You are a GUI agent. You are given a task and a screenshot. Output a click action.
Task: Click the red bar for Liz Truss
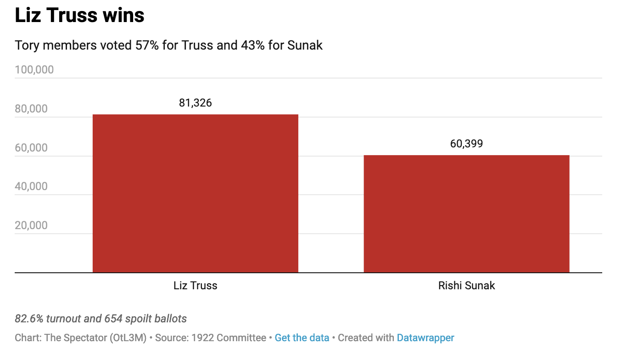click(195, 193)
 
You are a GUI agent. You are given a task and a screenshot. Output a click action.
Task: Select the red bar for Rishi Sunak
click(466, 214)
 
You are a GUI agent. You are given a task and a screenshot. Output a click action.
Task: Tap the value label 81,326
click(196, 103)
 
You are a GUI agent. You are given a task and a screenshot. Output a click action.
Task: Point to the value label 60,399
click(466, 144)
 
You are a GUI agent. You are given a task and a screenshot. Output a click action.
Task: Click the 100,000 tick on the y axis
click(34, 70)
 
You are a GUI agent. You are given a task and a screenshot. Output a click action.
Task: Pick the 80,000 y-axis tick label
click(31, 109)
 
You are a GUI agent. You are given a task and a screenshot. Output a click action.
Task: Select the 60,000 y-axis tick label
click(31, 148)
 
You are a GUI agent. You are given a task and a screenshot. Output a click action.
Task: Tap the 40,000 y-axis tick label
click(31, 186)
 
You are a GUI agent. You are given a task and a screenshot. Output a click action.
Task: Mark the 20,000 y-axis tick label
click(31, 225)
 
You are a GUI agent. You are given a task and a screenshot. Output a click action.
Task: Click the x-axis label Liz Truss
click(195, 286)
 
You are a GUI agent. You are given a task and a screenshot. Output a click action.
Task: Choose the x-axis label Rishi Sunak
click(466, 286)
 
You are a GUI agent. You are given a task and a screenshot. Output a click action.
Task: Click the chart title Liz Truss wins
click(80, 16)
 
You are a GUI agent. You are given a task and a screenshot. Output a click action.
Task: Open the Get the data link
click(302, 338)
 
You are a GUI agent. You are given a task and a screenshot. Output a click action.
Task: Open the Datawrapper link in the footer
click(425, 338)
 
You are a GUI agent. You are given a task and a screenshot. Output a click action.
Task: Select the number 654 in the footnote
click(113, 319)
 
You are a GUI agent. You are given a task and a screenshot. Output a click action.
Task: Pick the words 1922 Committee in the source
click(229, 338)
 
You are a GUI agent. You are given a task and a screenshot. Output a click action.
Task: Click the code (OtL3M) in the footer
click(128, 338)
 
